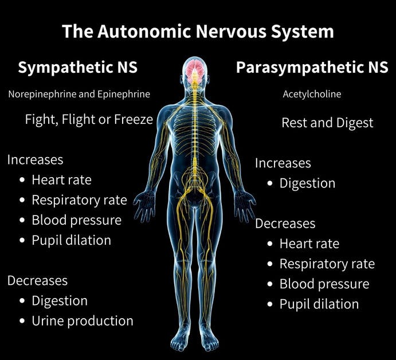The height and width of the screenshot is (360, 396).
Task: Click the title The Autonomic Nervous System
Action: tap(198, 31)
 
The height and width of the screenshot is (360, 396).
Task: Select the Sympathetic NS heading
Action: tap(78, 68)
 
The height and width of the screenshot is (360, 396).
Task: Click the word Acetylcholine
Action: tap(312, 94)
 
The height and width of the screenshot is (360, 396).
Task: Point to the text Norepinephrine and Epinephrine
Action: tap(79, 94)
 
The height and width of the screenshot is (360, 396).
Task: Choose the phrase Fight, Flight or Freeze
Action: tap(89, 120)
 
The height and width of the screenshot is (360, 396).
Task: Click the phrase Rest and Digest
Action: tap(327, 122)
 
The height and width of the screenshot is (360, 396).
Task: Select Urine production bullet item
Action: tap(83, 320)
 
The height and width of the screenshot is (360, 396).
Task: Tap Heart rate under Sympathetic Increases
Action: tap(61, 179)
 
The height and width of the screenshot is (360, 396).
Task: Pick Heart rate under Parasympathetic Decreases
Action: tap(309, 244)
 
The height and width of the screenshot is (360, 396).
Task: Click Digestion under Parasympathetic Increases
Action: tap(307, 183)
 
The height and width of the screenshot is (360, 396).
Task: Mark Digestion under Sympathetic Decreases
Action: tap(60, 300)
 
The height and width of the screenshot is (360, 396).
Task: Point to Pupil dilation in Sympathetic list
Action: tap(71, 240)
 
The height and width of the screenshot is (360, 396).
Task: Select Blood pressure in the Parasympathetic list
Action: tap(324, 284)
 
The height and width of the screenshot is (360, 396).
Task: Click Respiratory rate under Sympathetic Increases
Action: tap(79, 200)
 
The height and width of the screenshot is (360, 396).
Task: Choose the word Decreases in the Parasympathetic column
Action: tap(285, 223)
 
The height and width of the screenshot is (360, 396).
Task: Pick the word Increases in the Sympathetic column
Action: tap(35, 159)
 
